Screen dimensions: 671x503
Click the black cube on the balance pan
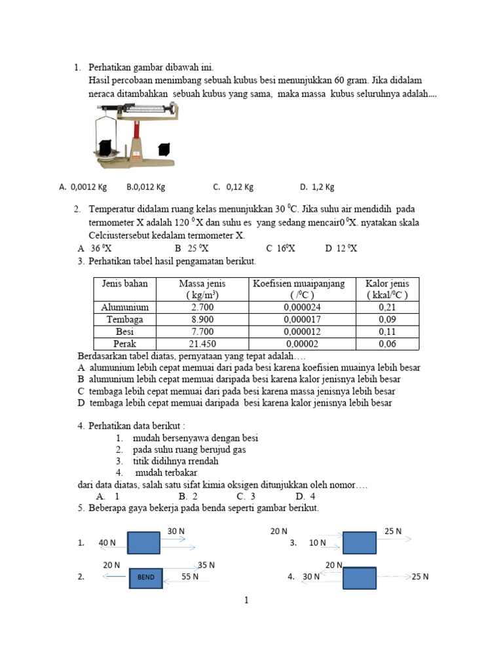pos(104,147)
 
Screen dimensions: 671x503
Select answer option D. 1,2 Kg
pos(317,187)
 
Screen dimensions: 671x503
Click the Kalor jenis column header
pos(386,289)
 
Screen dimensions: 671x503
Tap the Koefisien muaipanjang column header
pos(299,289)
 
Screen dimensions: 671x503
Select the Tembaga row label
pos(125,319)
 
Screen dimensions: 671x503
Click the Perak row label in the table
pos(125,343)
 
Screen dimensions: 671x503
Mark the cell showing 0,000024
pos(299,307)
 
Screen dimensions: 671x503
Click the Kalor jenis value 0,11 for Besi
pos(388,332)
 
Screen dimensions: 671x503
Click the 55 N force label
pos(192,577)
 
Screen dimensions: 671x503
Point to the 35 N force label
pos(206,565)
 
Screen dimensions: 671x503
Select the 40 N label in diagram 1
pos(107,543)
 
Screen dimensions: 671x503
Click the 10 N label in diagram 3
pos(318,543)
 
